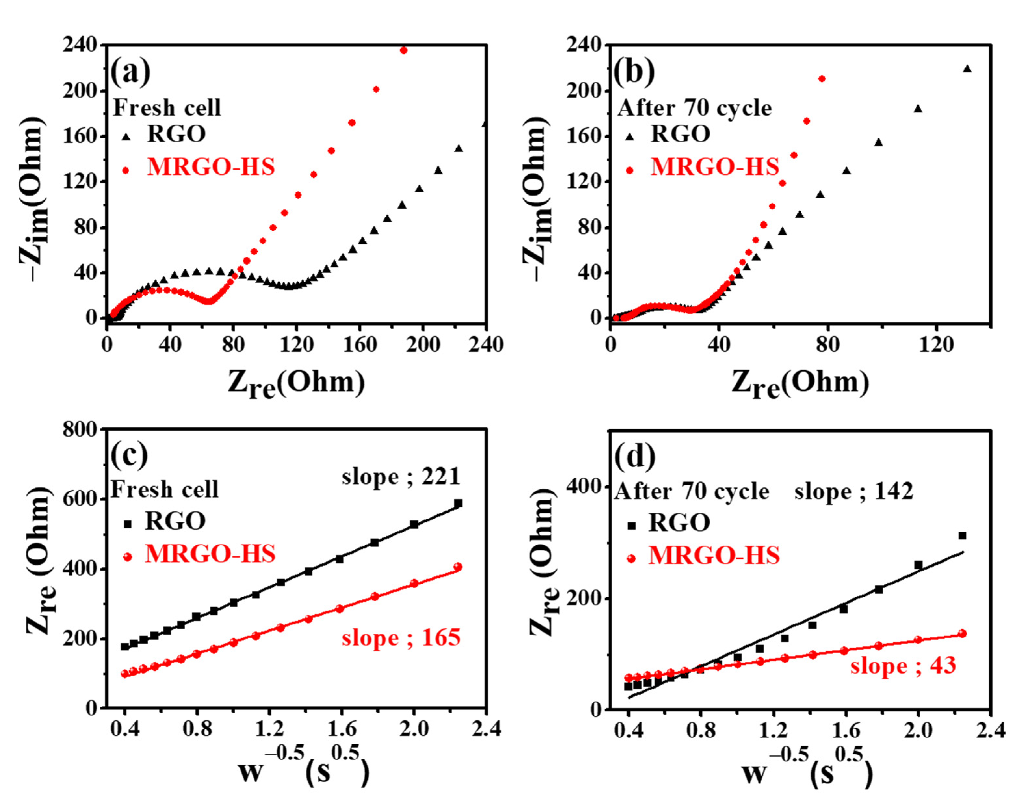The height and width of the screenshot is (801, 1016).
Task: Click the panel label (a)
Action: (130, 72)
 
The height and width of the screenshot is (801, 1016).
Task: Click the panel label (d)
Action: (635, 456)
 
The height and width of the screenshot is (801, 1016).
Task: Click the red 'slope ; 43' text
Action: (903, 665)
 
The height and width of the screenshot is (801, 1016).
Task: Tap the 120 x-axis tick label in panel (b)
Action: (936, 345)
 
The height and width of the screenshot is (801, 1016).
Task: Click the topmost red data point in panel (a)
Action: (404, 50)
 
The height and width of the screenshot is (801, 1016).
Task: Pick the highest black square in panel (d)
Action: (962, 535)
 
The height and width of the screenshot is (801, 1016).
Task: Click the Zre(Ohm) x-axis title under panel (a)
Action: (296, 383)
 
